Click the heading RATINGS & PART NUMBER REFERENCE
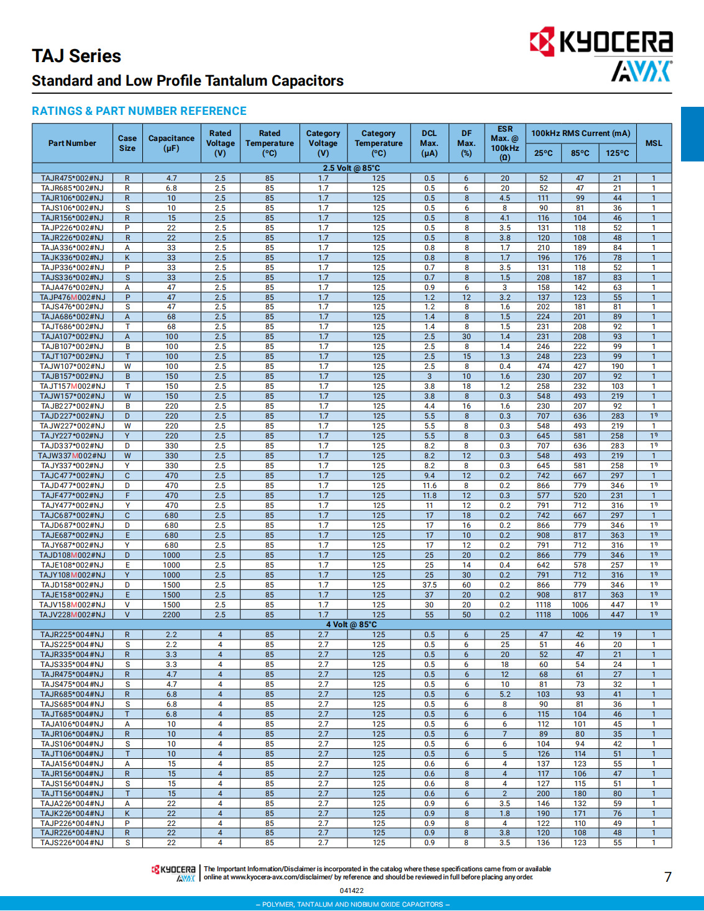coord(139,111)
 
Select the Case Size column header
coord(127,143)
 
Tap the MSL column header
coord(654,143)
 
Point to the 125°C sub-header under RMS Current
coord(617,153)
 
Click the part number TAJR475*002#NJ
coord(72,178)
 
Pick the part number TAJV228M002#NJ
coord(72,615)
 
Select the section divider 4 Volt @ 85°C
coord(352,625)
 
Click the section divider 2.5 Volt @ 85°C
coord(352,168)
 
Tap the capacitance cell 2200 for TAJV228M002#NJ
coord(171,615)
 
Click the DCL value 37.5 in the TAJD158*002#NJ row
coord(429,585)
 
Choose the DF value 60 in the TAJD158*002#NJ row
coord(467,585)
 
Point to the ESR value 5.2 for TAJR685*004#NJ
coord(505,694)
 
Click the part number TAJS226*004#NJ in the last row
coord(72,843)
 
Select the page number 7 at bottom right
coord(668,877)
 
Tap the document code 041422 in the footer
coord(352,891)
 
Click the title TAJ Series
coord(76,57)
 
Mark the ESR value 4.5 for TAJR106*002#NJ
coord(505,198)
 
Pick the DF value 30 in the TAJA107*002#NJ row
coord(467,337)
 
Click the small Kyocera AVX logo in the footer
coord(174,873)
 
